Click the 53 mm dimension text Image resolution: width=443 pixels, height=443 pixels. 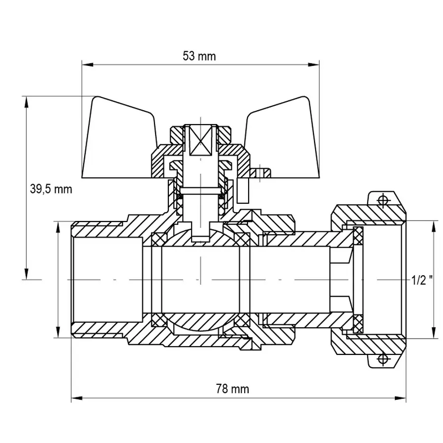tap(199, 56)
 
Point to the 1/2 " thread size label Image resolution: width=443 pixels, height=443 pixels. tap(422, 280)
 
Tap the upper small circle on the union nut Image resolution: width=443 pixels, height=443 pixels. tap(382, 200)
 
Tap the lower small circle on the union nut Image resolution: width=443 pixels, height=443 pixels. tap(382, 360)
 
